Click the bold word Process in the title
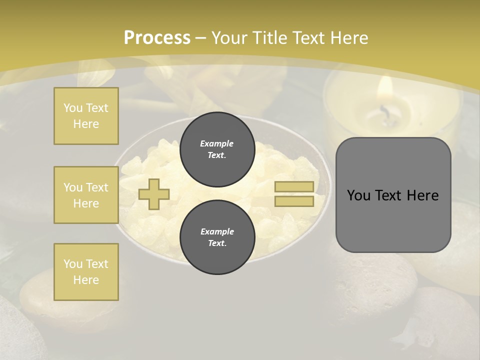[157, 38]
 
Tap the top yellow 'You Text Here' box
[86, 116]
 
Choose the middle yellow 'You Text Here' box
[86, 195]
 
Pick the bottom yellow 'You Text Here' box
[86, 272]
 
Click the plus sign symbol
[154, 194]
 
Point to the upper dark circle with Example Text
[217, 149]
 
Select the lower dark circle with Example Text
[217, 237]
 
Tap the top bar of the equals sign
[294, 187]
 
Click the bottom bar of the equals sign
[294, 201]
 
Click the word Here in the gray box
[422, 195]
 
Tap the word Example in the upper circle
[216, 143]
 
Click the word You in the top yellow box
[72, 108]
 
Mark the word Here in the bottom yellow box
[86, 280]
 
